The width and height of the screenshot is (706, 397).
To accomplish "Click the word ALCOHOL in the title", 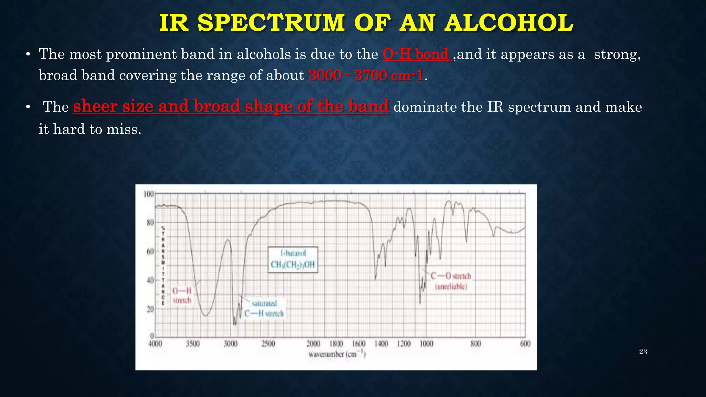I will [509, 23].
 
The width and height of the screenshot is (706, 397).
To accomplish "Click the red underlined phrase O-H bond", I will [417, 54].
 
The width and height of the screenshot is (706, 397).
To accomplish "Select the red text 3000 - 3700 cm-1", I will [366, 75].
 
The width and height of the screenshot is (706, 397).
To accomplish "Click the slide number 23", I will [643, 352].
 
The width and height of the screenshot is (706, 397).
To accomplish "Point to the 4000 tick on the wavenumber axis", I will [155, 344].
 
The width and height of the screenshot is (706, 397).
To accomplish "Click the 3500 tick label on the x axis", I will [193, 344].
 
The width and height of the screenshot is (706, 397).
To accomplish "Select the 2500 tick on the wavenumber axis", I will [268, 344].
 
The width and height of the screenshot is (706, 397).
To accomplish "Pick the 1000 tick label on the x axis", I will [426, 344].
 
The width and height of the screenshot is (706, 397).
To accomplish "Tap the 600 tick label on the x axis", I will [525, 344].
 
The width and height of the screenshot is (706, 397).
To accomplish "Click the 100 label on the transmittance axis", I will [148, 194].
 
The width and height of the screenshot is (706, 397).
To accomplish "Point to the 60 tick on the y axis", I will [150, 252].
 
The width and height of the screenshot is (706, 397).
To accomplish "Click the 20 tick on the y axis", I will [150, 309].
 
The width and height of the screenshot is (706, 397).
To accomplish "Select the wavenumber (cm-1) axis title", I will [337, 354].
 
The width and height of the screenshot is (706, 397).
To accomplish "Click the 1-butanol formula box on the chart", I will [293, 259].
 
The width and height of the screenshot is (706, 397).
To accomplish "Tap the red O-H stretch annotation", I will [182, 295].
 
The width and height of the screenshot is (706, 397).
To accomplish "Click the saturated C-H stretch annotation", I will [264, 309].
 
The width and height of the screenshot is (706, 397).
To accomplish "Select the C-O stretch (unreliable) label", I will [451, 281].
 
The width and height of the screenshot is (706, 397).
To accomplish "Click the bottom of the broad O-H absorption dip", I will [205, 315].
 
